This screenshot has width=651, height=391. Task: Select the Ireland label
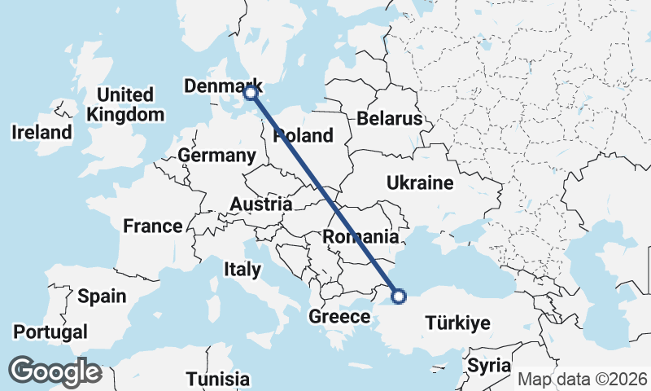[42, 131]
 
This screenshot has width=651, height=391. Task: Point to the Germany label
[216, 155]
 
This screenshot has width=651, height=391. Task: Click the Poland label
[304, 135]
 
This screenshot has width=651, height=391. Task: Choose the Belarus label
[389, 119]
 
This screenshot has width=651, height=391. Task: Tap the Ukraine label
[420, 182]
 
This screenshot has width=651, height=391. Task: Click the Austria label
[261, 204]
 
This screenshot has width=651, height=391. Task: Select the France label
[152, 226]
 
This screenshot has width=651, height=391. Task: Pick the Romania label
[360, 237]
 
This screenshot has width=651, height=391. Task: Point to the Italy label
[242, 269]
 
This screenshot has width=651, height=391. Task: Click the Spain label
[102, 296]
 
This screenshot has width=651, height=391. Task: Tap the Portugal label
[50, 332]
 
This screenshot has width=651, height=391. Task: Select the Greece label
[339, 317]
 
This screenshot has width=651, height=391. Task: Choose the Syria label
[489, 365]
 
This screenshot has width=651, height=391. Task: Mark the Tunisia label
[217, 379]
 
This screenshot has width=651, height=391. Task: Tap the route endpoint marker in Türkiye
[399, 296]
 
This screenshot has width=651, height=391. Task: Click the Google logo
[55, 371]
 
